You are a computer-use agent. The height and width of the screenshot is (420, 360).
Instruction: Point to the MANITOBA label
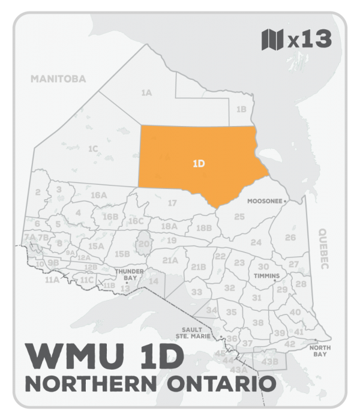pyautogui.click(x=59, y=79)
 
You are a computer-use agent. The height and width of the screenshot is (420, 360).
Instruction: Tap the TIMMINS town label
pyautogui.click(x=268, y=276)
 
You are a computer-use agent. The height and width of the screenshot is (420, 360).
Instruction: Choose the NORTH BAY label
pyautogui.click(x=319, y=352)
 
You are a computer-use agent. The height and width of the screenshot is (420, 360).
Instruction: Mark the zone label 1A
pyautogui.click(x=146, y=93)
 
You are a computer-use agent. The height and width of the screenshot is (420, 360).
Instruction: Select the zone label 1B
pyautogui.click(x=241, y=109)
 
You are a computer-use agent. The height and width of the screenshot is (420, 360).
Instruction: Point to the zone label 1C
pyautogui.click(x=93, y=148)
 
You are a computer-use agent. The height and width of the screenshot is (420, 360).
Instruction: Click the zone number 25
pyautogui.click(x=239, y=216)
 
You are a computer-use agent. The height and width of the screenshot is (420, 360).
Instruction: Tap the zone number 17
pyautogui.click(x=172, y=203)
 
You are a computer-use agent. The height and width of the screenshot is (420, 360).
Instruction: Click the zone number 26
pyautogui.click(x=290, y=238)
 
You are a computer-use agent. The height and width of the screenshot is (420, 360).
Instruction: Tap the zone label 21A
pyautogui.click(x=170, y=260)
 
